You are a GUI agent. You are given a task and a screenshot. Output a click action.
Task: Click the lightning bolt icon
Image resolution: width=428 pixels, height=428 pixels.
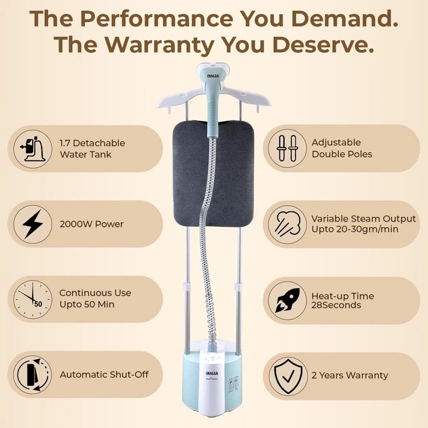[x=33, y=224]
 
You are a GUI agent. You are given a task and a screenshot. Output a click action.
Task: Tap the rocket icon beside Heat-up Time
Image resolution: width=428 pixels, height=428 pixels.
[x=287, y=300]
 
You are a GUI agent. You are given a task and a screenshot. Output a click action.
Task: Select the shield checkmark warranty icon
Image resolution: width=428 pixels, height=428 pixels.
[x=288, y=376]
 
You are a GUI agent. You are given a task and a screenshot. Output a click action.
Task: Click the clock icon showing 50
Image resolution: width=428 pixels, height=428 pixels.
[x=33, y=300]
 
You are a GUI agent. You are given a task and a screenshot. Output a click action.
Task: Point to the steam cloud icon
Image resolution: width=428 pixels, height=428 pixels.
[x=287, y=224]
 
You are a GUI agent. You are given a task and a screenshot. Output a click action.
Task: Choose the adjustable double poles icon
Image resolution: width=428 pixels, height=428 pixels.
[x=287, y=148]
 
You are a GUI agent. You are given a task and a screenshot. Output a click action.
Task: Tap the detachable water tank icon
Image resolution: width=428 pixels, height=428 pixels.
[x=33, y=149]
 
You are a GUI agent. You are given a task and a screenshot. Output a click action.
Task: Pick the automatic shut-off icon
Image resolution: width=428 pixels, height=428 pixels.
[x=33, y=374]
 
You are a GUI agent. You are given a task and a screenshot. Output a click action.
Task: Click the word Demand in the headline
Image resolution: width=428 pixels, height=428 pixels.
[x=344, y=18]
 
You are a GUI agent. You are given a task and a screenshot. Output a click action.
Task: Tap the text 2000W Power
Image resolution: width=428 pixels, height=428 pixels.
[x=92, y=224]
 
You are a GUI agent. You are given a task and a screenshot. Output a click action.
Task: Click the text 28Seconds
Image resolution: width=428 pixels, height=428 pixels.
[x=336, y=305]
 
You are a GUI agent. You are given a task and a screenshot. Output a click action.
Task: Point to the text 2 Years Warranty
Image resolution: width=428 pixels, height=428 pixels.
[x=350, y=375]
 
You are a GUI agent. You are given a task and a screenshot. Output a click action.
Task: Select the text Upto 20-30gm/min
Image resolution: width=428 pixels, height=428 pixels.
[x=355, y=230]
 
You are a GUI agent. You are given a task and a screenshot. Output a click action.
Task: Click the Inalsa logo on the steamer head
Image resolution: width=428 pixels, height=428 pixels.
[x=213, y=76]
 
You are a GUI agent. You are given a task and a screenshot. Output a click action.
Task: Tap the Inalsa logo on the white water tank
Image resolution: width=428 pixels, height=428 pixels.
[x=212, y=373]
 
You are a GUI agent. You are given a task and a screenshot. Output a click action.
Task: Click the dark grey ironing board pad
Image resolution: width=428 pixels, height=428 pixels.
[x=213, y=174]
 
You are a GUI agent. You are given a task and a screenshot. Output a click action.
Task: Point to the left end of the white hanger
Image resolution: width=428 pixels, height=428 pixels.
[x=158, y=106]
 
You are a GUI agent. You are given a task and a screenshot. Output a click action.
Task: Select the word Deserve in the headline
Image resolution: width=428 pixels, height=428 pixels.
[x=323, y=44]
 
